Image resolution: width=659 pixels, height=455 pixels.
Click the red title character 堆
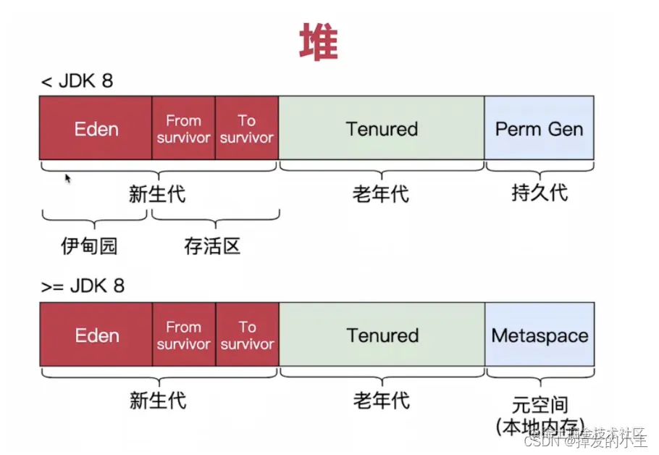click(x=319, y=43)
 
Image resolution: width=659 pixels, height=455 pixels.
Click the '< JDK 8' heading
click(x=77, y=80)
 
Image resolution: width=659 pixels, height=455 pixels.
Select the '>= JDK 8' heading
click(x=83, y=285)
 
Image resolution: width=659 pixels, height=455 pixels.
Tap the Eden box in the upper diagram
click(x=96, y=128)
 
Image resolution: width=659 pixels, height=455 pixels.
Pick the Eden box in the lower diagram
click(x=96, y=335)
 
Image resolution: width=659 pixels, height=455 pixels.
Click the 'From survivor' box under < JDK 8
click(x=183, y=128)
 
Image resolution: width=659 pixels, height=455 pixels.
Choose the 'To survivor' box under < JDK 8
click(x=247, y=128)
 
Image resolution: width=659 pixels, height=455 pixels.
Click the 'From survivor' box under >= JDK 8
click(x=183, y=335)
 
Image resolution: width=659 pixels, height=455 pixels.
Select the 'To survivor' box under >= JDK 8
click(x=247, y=335)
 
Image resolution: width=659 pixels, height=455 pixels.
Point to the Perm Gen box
click(x=540, y=128)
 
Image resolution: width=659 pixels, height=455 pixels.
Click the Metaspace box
click(x=540, y=335)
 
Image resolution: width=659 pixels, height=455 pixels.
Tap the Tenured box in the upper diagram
click(x=382, y=128)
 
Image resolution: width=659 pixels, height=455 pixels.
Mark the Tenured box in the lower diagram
click(x=382, y=335)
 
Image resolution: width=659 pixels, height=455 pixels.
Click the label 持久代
click(x=540, y=193)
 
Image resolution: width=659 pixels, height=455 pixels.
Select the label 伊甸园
click(x=89, y=246)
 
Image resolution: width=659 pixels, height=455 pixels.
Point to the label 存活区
click(x=212, y=246)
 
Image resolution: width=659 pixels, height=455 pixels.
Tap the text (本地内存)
click(x=540, y=427)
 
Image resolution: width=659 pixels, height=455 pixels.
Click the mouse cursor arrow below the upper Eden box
click(x=68, y=178)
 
